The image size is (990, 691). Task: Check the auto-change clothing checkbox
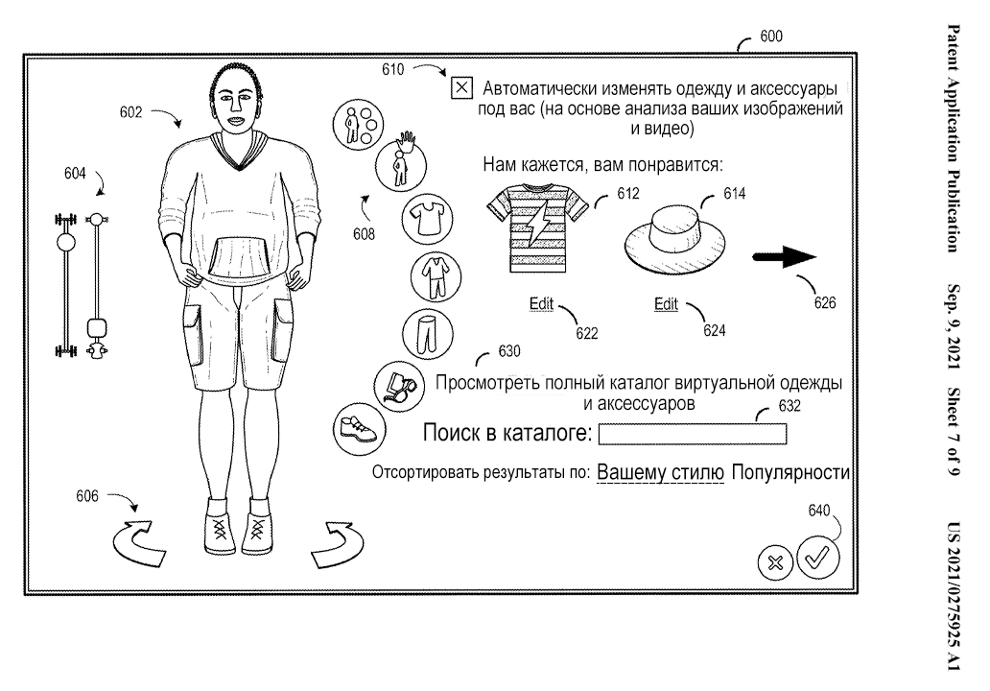(x=461, y=88)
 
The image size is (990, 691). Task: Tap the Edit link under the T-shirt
(x=542, y=304)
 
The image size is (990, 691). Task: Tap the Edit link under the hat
(x=666, y=304)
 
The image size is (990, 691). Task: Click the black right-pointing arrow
(x=783, y=257)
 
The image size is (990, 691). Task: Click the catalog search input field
(x=692, y=434)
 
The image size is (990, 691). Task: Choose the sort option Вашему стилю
(x=660, y=473)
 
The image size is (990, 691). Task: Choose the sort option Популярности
(x=791, y=473)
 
